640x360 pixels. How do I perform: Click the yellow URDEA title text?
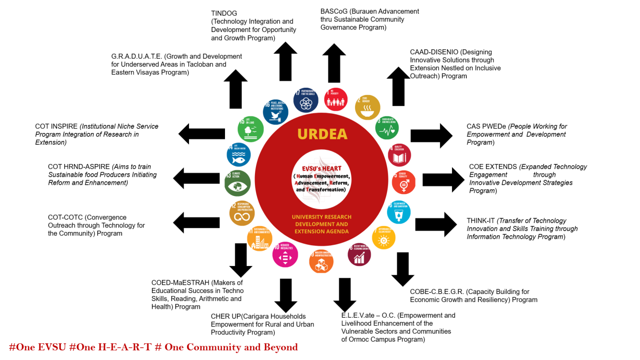coord(322,134)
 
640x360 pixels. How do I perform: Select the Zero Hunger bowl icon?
coord(368,107)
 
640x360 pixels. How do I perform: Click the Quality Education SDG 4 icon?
coord(399,156)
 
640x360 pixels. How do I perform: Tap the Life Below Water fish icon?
coord(239,155)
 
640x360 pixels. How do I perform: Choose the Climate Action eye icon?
coord(237,183)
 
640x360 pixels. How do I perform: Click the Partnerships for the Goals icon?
coord(306,100)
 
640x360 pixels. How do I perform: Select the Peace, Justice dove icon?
coord(275,112)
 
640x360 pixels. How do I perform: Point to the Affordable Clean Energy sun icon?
coord(384,238)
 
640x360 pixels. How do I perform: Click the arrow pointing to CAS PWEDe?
coord(431,135)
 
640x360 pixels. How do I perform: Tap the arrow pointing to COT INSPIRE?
coord(201,133)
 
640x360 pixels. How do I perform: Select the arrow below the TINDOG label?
coord(285,62)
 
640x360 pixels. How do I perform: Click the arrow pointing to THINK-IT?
coord(436,225)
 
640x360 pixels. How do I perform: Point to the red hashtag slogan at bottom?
coord(153,347)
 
